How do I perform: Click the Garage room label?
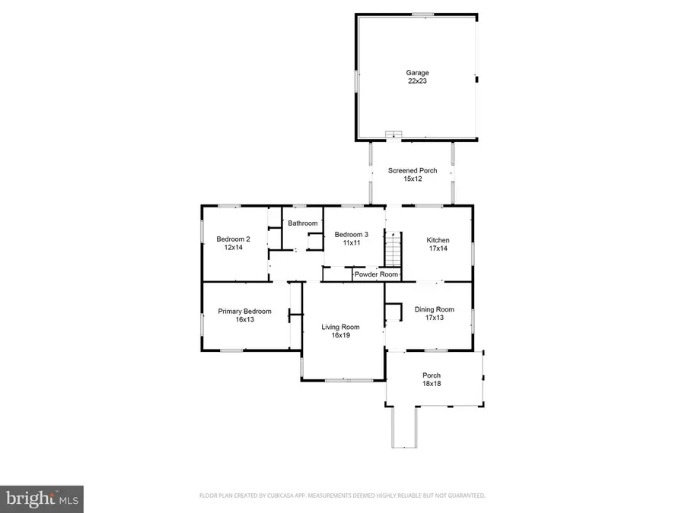[416, 73]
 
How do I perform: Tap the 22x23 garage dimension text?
[416, 81]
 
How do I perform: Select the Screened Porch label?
[413, 170]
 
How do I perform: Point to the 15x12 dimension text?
[413, 179]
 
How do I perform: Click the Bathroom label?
[302, 223]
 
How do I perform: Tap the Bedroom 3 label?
[352, 235]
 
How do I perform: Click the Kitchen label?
[438, 239]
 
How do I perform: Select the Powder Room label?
[376, 274]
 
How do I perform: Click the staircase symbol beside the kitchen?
[392, 249]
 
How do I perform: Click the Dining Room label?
[434, 309]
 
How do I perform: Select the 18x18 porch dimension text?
[432, 384]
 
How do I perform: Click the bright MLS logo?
[42, 499]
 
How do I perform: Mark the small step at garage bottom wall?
[393, 135]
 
